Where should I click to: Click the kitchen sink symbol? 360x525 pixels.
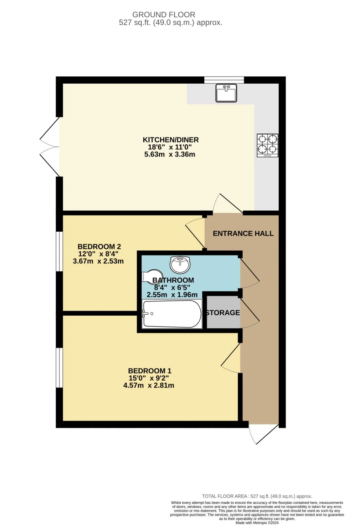pos(226,93)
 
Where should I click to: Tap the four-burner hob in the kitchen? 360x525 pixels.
pos(268,145)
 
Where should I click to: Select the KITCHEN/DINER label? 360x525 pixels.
pos(170,140)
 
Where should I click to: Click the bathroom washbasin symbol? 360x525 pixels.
pos(180,265)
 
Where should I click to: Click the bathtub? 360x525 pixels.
pos(172,314)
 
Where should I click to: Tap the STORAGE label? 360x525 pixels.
pos(223,313)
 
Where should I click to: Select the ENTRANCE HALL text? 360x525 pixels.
pos(243,233)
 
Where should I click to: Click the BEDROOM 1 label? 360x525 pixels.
pos(150,371)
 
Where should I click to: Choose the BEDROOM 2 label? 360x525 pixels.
pos(99,246)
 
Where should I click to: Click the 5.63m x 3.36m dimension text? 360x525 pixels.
pos(170,154)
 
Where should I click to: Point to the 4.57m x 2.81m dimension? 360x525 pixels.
pos(149,386)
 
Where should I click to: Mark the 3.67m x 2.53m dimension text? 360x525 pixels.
pos(98,261)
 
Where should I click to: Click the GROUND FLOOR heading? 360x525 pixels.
pos(164,15)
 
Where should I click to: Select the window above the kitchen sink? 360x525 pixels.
pos(224,80)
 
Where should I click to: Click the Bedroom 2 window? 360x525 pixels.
pos(59,251)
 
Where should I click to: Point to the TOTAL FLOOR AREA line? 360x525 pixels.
pos(257,496)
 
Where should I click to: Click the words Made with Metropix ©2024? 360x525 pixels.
pos(257,523)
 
